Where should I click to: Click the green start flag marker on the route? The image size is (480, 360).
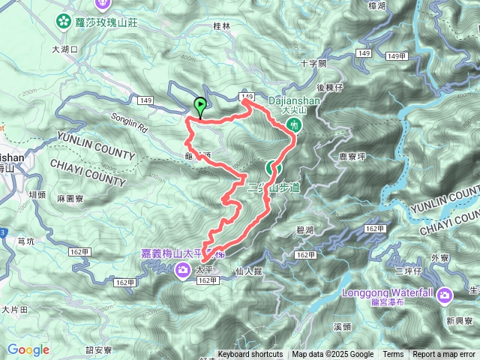coord(200,106)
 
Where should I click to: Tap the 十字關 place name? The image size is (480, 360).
coord(313,64)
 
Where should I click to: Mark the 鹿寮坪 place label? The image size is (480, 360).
coord(351,157)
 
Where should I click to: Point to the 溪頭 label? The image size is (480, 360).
coord(342,326)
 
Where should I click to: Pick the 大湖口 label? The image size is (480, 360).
coord(64,49)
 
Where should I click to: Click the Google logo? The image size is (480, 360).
coord(28,349)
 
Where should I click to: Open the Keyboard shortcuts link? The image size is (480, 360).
coord(250,355)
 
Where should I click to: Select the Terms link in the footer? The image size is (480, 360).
coord(392,355)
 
